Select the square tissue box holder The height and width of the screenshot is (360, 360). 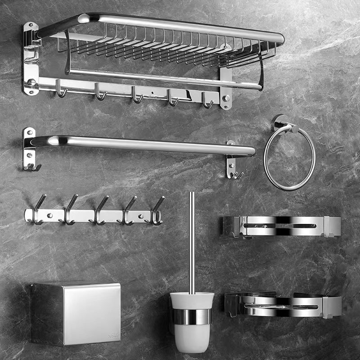pos(76,314)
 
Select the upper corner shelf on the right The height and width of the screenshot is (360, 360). pos(281,226)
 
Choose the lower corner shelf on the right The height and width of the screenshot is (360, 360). pos(283,305)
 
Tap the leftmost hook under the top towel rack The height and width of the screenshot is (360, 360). pos(60,89)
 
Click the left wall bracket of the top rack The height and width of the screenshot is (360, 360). pos(31,58)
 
